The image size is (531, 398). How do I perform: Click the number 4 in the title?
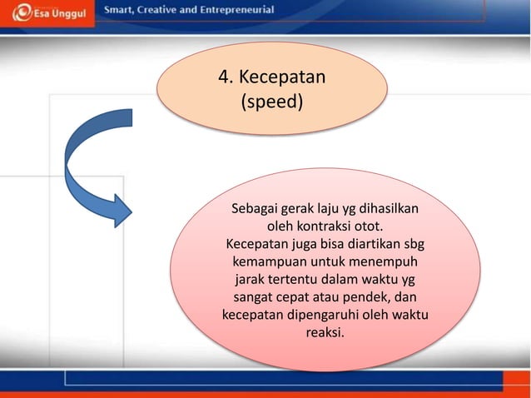[x=224, y=77]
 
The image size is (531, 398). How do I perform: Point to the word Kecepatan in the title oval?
[x=281, y=77]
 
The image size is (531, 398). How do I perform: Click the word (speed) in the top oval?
[x=271, y=105]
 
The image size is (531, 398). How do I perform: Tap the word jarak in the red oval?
[x=254, y=279]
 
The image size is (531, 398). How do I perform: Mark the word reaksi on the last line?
[x=324, y=333]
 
